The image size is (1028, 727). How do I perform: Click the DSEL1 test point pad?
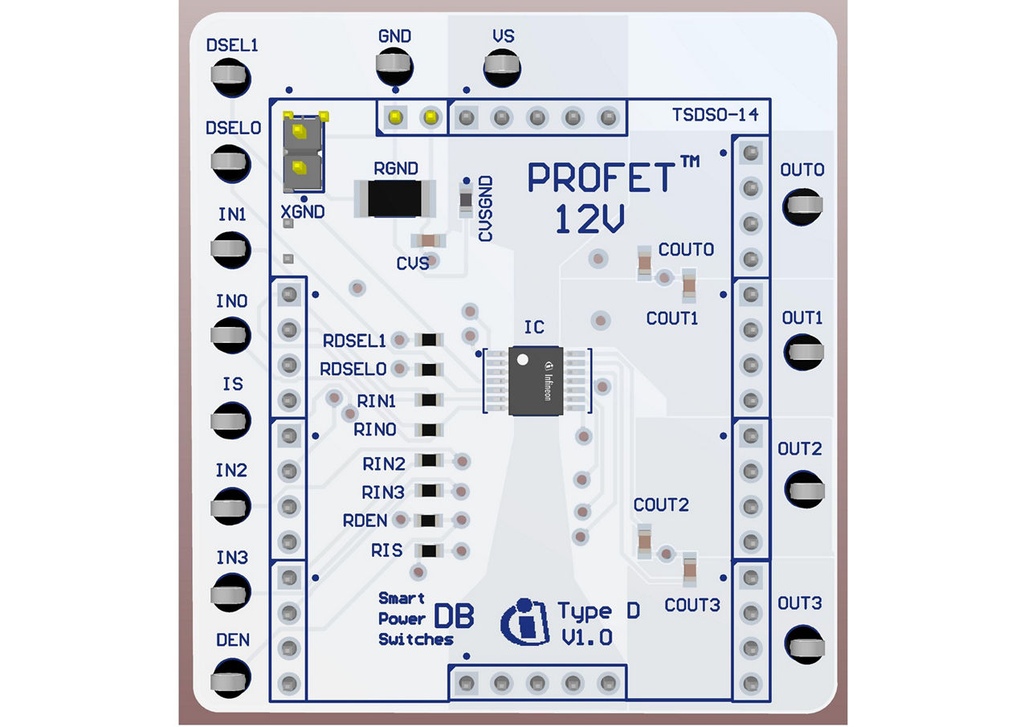click(x=230, y=77)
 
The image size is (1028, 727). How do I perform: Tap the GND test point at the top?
click(x=394, y=65)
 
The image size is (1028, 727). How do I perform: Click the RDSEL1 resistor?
click(x=429, y=340)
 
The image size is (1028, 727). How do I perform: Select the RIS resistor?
click(x=429, y=551)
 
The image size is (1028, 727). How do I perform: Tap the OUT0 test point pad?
click(x=803, y=206)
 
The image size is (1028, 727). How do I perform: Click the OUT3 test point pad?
click(x=803, y=643)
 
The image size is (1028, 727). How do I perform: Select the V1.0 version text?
click(x=588, y=638)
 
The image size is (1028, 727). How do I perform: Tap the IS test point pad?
click(x=230, y=421)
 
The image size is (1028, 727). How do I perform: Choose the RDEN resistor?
click(x=429, y=521)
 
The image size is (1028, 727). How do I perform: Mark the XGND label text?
click(x=303, y=212)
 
